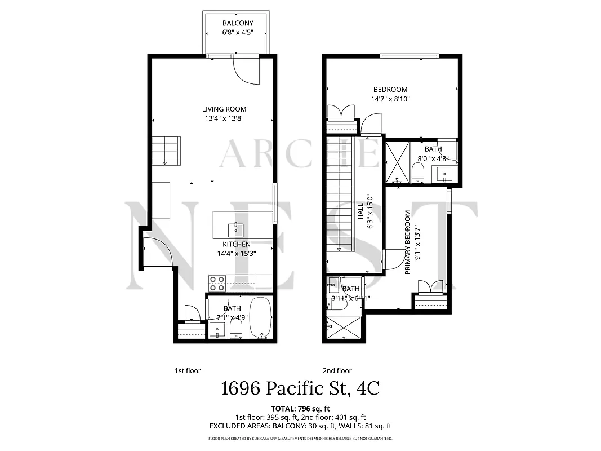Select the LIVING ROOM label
point(224,109)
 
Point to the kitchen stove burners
point(217,283)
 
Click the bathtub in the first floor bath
point(261,319)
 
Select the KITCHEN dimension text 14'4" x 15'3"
point(236,253)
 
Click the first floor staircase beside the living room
point(166,151)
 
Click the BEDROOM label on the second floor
point(390,89)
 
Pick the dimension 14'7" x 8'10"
point(390,99)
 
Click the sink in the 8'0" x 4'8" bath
point(444,174)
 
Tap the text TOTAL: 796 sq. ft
point(300,408)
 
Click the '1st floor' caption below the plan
point(187,370)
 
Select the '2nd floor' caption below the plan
point(337,370)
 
